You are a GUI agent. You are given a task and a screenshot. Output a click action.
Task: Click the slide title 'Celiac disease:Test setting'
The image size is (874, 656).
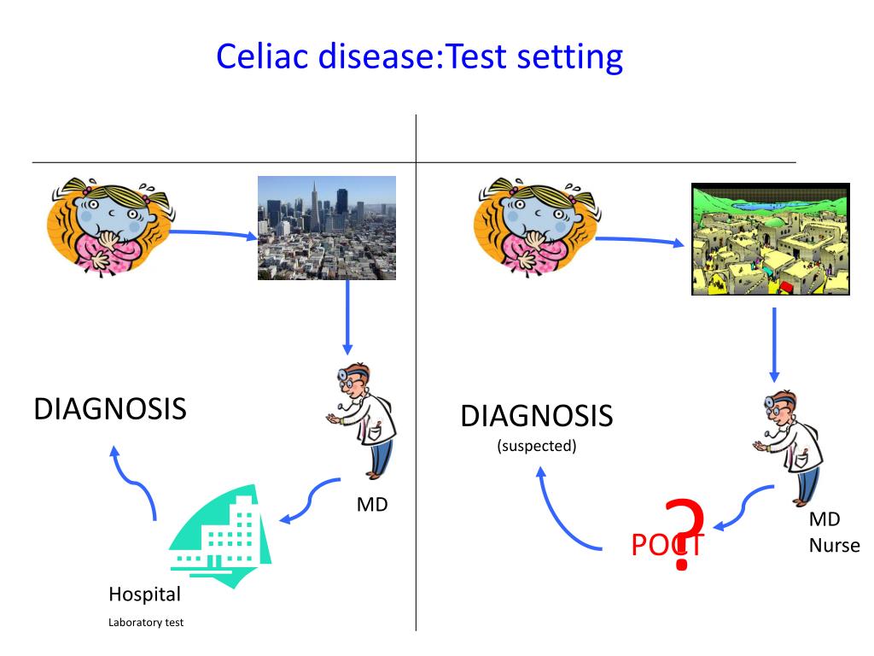[x=419, y=57]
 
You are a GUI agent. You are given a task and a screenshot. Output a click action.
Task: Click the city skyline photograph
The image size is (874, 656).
[x=327, y=228]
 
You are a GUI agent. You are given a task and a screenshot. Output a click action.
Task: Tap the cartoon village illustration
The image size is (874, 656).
[x=770, y=239]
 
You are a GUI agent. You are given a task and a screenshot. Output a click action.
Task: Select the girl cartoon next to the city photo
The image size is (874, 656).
[x=107, y=228]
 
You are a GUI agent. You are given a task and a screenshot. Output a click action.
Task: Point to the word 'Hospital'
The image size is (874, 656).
[x=144, y=594]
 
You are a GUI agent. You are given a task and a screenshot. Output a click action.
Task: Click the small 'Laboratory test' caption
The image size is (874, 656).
[x=145, y=622]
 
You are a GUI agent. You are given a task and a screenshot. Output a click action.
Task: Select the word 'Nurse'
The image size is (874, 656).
[x=834, y=545]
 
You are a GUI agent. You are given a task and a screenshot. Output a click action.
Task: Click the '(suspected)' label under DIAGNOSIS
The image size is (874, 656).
[x=537, y=446]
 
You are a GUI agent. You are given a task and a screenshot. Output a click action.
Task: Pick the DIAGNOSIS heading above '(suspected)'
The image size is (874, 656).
[x=537, y=417]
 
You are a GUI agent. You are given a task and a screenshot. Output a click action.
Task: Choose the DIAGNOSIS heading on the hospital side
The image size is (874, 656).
[x=110, y=408]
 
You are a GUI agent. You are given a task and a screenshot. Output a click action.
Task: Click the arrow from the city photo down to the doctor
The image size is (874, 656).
[x=347, y=316]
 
